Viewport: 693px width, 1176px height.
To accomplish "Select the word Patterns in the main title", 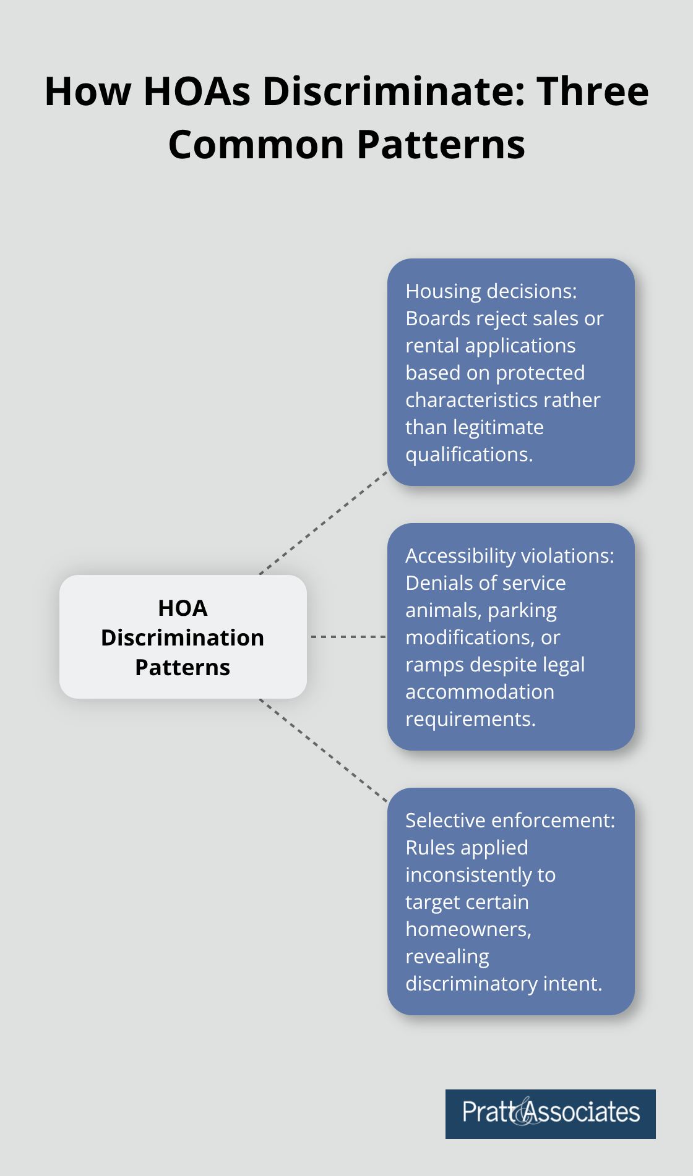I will [441, 145].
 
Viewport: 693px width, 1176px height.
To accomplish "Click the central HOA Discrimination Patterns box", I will [183, 637].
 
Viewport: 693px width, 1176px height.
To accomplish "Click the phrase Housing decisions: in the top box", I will [491, 291].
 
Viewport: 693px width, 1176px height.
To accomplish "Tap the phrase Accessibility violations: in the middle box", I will [509, 556].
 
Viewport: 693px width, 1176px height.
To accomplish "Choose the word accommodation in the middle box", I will [480, 692].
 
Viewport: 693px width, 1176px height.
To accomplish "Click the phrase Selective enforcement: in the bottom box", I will [510, 820].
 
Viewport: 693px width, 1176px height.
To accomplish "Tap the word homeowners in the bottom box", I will [467, 929].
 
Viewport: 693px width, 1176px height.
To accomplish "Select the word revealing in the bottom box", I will [447, 957].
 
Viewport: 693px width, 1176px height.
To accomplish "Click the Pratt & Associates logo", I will [550, 1114].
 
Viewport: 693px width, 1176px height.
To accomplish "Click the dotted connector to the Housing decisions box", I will [324, 523].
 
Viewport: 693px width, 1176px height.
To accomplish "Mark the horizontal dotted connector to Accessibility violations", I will [347, 636].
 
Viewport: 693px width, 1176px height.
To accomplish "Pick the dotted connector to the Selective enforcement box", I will [324, 751].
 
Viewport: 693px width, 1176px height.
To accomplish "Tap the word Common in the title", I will [256, 145].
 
